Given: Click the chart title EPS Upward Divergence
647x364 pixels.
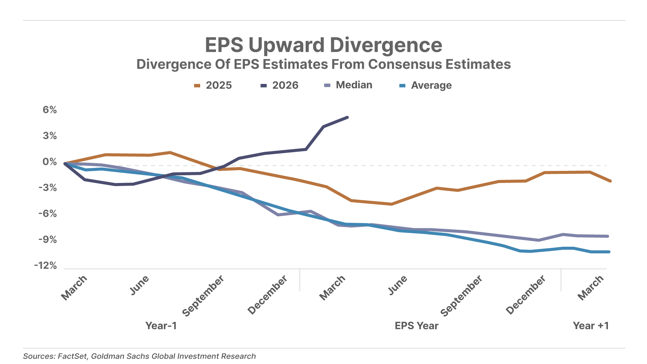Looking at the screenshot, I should [323, 45].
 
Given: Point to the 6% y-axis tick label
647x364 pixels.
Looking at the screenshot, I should [50, 110].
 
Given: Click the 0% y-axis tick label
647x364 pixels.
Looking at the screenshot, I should [50, 162].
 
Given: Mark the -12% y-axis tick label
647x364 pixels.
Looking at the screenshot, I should [46, 266].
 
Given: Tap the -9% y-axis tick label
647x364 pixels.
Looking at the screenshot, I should [48, 240].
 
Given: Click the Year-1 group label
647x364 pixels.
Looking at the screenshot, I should [161, 326].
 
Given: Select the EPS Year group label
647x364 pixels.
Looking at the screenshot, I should [417, 326].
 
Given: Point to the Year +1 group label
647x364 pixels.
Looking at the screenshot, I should [591, 326].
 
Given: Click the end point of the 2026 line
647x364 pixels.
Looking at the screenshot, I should [347, 117].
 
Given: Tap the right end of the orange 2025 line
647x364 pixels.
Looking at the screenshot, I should [610, 181].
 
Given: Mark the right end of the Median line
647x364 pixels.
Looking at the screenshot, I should [608, 236].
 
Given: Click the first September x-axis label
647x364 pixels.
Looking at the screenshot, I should [204, 296].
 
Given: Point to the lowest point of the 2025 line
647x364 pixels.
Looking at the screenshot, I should [391, 204].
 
